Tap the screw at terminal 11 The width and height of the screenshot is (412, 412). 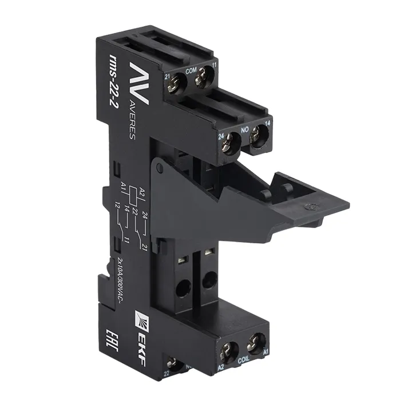203,78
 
